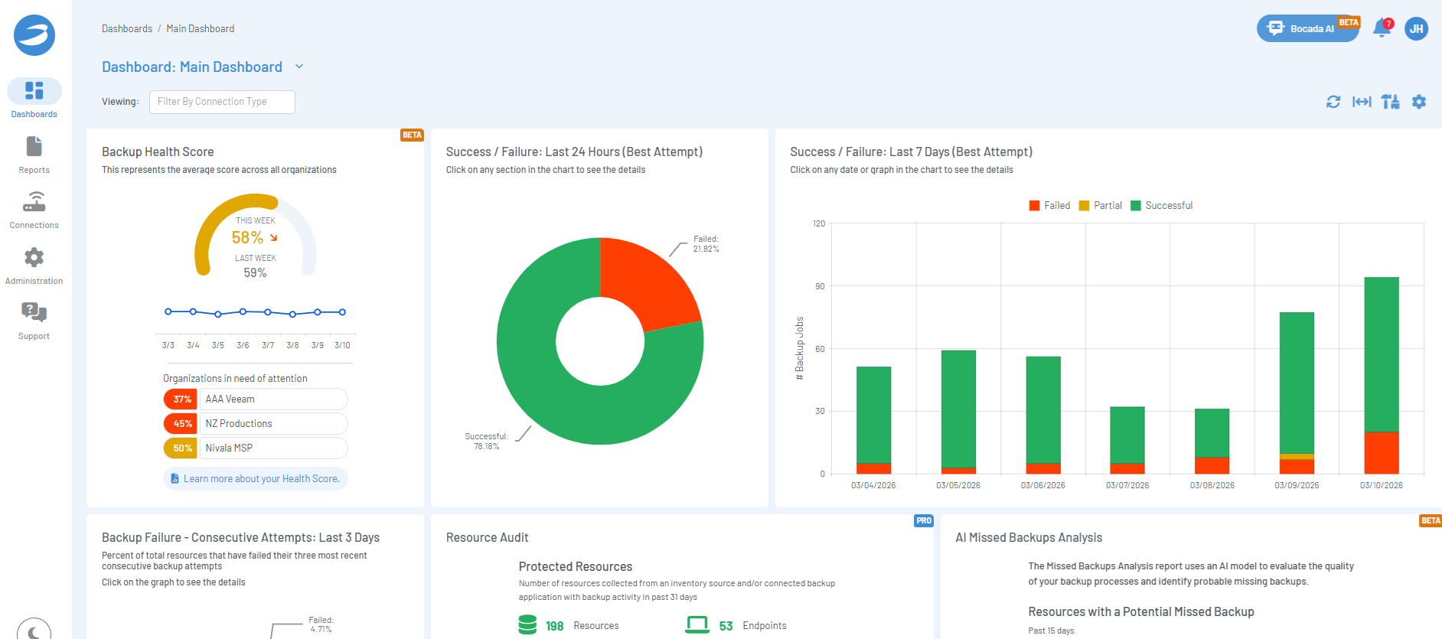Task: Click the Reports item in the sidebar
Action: (x=34, y=155)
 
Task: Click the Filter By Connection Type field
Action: (x=222, y=102)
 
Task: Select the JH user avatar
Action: (x=1416, y=29)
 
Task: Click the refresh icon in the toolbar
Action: (x=1333, y=102)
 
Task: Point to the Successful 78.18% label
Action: (x=486, y=442)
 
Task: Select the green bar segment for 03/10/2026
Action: (x=1382, y=354)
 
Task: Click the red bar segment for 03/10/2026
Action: (x=1382, y=453)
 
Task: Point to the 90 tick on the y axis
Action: (x=820, y=286)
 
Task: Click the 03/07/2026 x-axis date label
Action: (x=1127, y=485)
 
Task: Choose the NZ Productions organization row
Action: (x=256, y=423)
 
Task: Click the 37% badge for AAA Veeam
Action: (x=181, y=399)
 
